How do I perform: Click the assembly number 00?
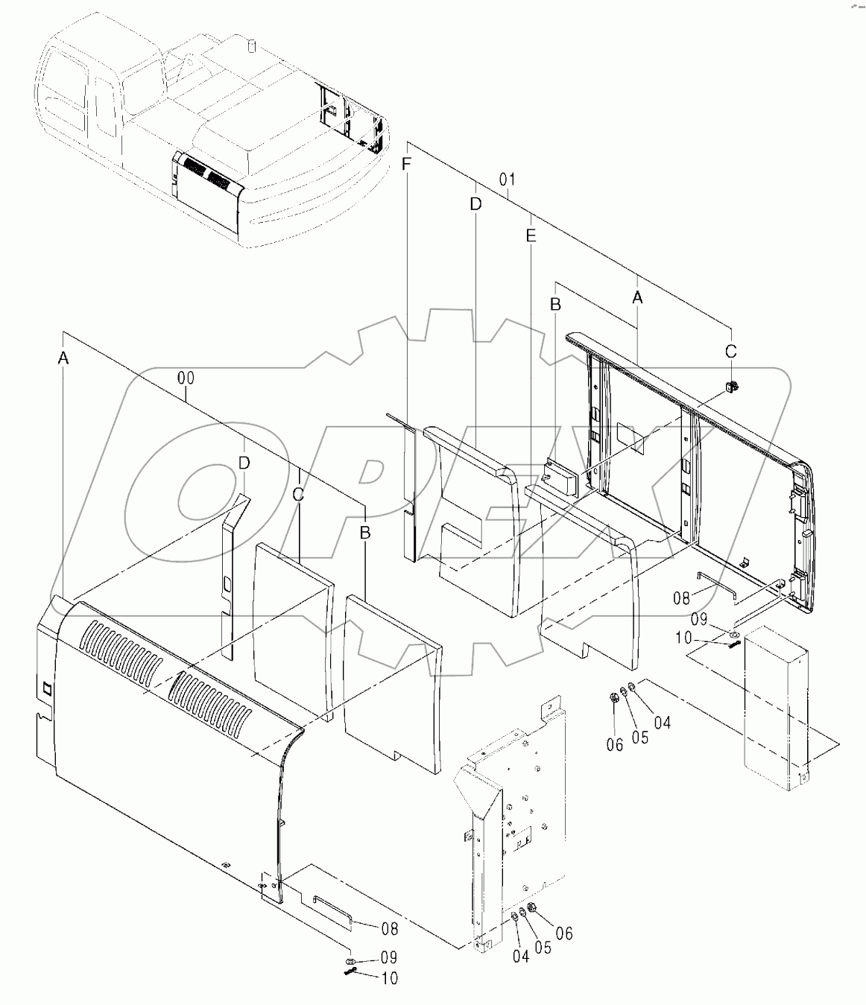tap(186, 378)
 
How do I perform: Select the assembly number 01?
tap(508, 180)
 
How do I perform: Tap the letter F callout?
tap(406, 165)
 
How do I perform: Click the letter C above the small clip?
tap(731, 350)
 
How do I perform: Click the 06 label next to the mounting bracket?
tap(564, 933)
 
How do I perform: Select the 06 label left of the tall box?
tap(613, 745)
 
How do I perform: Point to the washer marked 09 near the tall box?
tap(734, 635)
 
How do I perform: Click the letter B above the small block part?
tap(555, 304)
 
